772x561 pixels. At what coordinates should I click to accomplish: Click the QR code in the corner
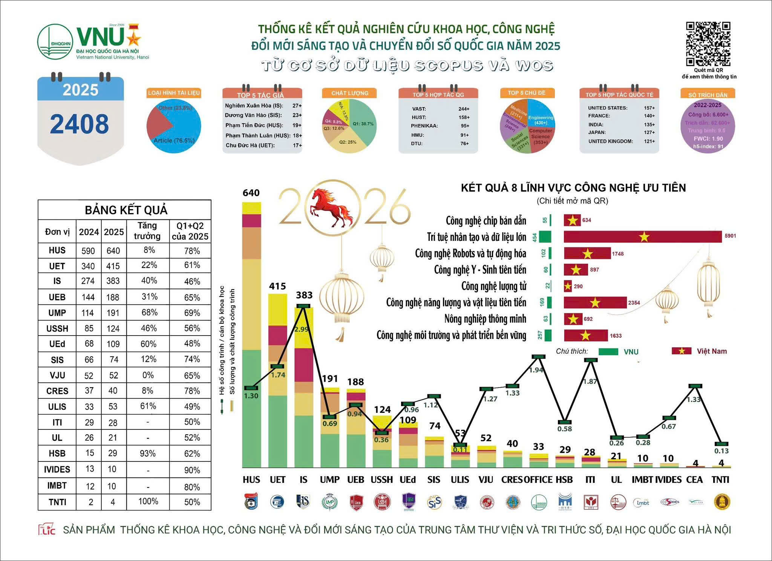click(x=708, y=44)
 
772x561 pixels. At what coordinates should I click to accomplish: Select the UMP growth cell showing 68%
click(x=149, y=313)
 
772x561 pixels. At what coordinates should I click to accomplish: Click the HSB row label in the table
click(x=57, y=454)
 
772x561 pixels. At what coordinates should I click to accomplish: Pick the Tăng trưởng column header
click(x=147, y=231)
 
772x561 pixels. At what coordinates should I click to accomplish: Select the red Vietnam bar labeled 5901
click(x=642, y=237)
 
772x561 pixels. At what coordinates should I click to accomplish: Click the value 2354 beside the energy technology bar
click(x=634, y=303)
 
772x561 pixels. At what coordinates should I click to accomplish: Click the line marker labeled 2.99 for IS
click(x=304, y=306)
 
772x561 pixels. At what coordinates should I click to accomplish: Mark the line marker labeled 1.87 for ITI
click(x=591, y=360)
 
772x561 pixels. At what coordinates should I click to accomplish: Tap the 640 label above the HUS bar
click(x=251, y=193)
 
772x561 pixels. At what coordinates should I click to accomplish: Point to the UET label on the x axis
click(x=277, y=480)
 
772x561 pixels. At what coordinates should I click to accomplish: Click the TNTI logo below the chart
click(x=722, y=502)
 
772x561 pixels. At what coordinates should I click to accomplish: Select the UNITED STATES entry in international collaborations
click(x=608, y=108)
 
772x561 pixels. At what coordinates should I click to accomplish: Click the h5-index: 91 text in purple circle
click(x=708, y=146)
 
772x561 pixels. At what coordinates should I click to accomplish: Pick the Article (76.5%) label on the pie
click(x=174, y=141)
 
